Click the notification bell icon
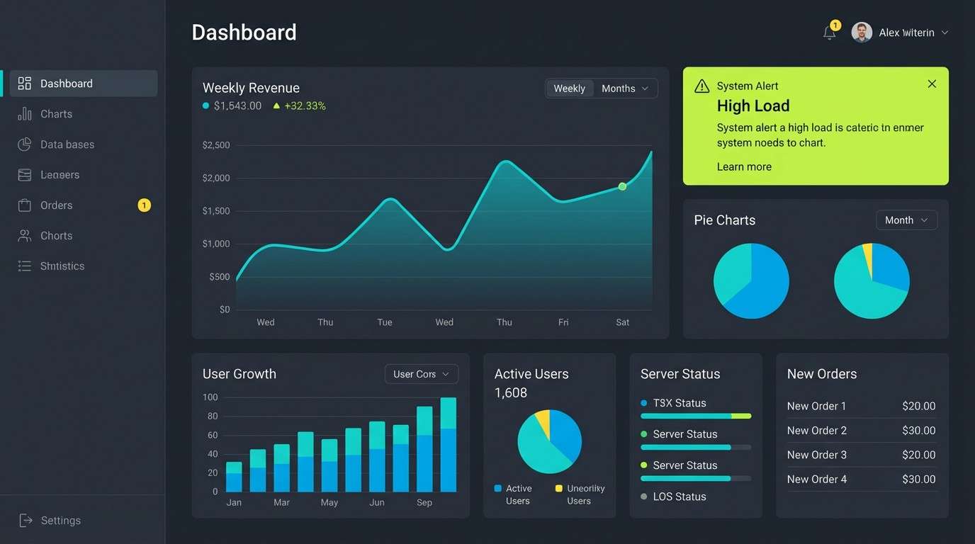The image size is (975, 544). point(829,33)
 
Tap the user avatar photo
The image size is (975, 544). point(862,33)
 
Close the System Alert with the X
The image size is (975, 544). point(932,84)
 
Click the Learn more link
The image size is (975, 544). point(744,166)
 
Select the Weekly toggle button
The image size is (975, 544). point(569,89)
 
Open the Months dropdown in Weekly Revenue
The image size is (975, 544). point(625,89)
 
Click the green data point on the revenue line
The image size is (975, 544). point(622,186)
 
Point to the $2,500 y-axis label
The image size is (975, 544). point(216,145)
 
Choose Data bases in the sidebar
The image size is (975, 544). point(67,144)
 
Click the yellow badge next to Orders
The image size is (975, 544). point(144,205)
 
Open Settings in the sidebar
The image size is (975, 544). point(60,521)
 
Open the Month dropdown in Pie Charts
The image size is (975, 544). point(906,220)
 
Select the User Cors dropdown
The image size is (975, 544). point(421,374)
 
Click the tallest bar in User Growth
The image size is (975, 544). point(449,445)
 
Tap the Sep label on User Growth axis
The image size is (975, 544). point(424,502)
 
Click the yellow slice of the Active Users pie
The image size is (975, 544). point(543,422)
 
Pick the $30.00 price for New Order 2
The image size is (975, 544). point(918,431)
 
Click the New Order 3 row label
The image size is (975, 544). point(817,455)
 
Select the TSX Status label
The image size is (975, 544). point(680,403)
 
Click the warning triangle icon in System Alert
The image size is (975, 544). point(701,86)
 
